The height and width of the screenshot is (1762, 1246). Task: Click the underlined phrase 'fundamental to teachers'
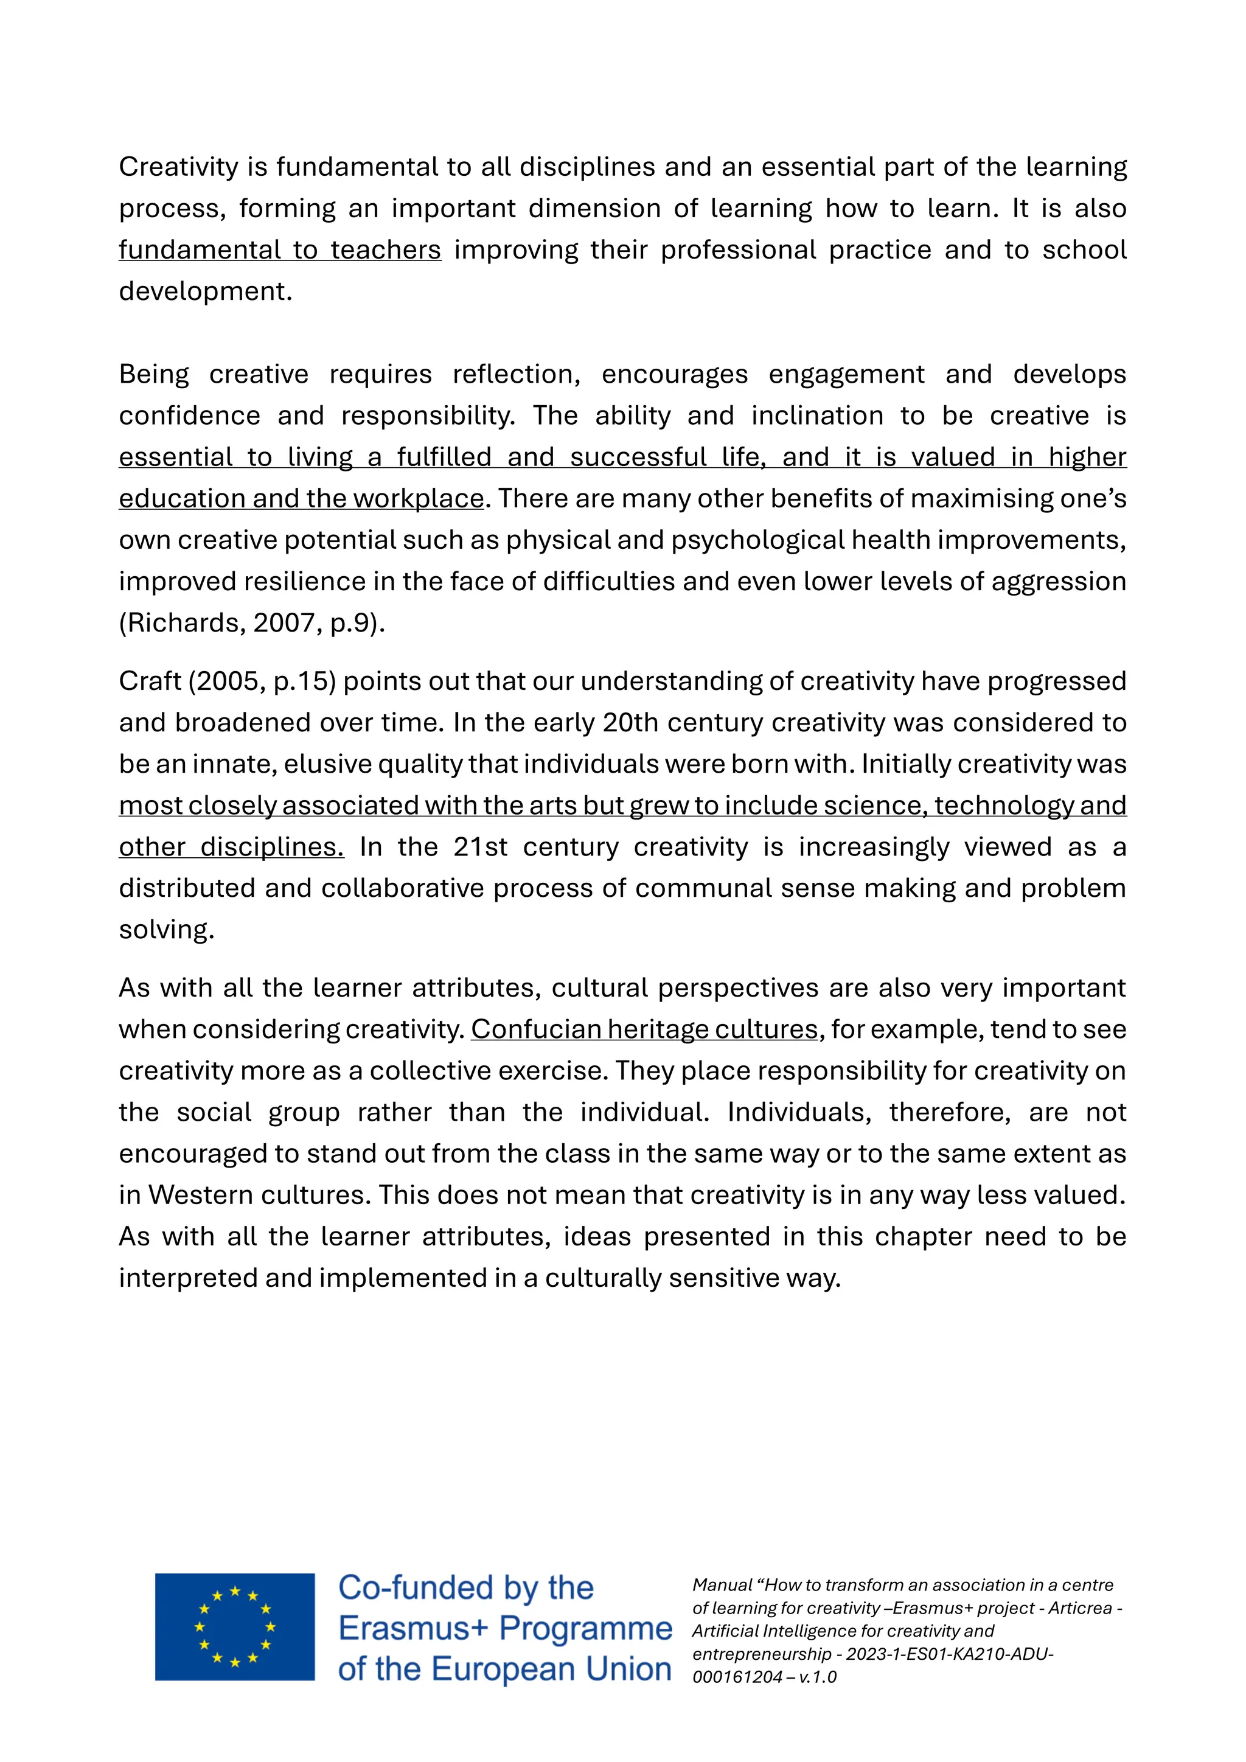point(280,249)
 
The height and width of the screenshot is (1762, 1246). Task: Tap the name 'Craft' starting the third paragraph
point(150,681)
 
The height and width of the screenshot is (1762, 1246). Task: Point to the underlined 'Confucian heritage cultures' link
point(644,1029)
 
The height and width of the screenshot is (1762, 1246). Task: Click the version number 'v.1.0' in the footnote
point(817,1677)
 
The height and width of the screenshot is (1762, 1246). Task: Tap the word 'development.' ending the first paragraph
point(206,291)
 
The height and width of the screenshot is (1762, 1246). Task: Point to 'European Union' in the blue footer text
point(551,1670)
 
